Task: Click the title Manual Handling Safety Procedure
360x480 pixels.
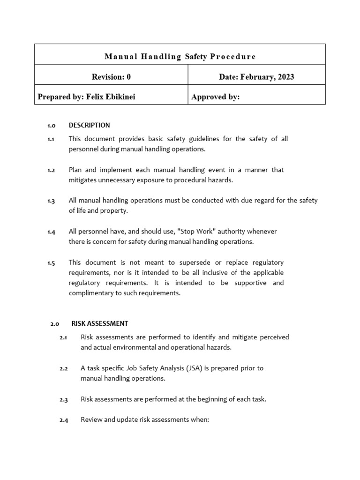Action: coord(180,57)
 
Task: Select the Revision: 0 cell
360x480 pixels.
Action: coord(111,77)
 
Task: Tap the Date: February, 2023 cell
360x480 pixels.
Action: coord(256,77)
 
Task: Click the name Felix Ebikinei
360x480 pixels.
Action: coord(111,97)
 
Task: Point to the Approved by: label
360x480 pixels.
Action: coord(216,97)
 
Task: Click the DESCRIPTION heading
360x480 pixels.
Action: coord(90,125)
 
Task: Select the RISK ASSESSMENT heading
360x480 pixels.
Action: coord(100,323)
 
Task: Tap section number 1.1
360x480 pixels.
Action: coord(51,139)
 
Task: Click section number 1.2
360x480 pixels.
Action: coord(51,170)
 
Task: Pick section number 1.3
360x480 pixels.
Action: coord(51,201)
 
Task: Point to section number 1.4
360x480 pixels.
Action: coord(51,232)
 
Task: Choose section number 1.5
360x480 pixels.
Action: coord(51,263)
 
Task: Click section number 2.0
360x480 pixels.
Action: coord(54,324)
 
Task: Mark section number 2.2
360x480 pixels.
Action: coord(64,369)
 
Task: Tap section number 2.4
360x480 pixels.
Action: coord(64,420)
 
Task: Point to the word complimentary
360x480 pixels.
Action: coord(91,293)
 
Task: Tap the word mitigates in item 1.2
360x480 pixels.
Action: coord(83,180)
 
